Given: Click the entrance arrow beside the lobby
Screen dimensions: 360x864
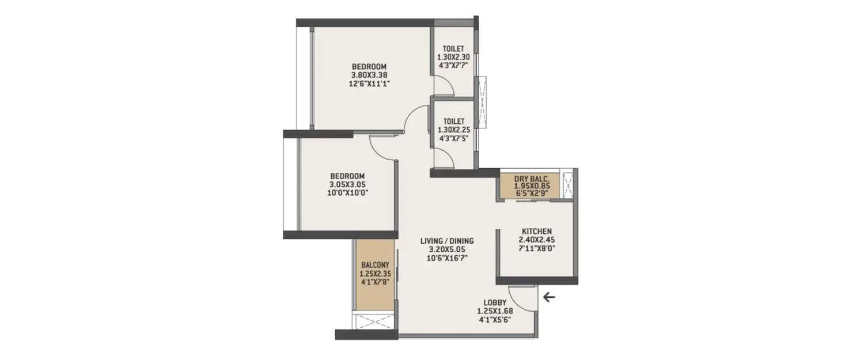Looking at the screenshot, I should [550, 297].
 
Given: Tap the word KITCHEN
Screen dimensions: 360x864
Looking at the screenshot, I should [537, 231].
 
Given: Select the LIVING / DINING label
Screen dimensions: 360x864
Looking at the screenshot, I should [447, 241].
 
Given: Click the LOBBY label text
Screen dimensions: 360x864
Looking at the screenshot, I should [495, 302].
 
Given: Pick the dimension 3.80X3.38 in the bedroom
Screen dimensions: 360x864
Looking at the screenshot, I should [369, 75].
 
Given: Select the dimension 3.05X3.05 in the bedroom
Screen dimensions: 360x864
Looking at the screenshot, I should [347, 184].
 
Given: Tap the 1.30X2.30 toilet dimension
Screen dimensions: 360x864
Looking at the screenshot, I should [454, 57].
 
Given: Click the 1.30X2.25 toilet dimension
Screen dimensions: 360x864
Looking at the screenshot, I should [454, 130].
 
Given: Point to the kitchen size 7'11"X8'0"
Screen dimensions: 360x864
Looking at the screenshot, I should [537, 248].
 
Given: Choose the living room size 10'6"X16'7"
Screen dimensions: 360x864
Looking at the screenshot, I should [447, 259].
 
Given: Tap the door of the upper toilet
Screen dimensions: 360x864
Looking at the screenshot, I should [444, 87].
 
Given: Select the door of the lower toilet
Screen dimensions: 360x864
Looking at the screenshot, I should [444, 158].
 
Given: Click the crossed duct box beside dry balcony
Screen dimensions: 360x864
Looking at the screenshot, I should [568, 184].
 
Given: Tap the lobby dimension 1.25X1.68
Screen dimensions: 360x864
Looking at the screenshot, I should [495, 311].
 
